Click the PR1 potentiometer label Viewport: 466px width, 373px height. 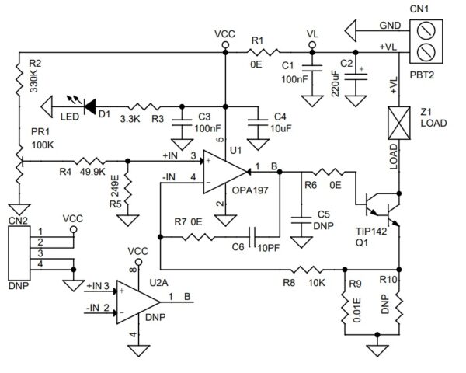(37, 132)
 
